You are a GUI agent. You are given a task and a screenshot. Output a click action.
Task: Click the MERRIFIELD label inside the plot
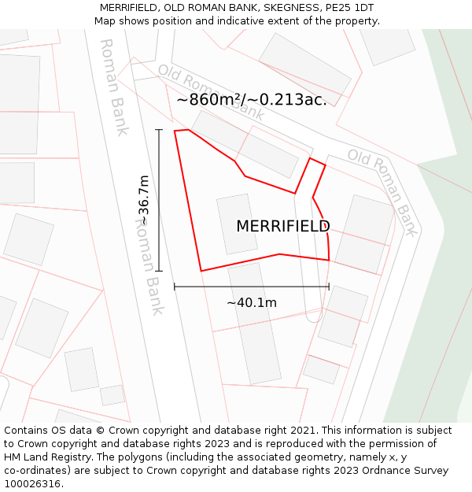283,227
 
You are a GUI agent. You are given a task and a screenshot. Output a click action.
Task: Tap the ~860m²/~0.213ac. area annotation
251,100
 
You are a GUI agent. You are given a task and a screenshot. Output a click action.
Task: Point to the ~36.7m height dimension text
145,200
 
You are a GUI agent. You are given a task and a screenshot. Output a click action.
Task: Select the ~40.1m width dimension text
252,303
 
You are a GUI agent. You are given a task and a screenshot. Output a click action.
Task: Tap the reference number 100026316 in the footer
32,484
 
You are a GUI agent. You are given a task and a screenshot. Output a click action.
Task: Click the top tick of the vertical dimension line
159,130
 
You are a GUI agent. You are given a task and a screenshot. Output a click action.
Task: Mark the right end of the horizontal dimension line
329,287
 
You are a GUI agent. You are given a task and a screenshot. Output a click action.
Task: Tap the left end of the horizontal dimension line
175,287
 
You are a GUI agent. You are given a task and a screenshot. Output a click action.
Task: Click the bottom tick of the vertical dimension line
159,271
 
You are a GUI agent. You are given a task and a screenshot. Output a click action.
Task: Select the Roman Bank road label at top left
113,87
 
